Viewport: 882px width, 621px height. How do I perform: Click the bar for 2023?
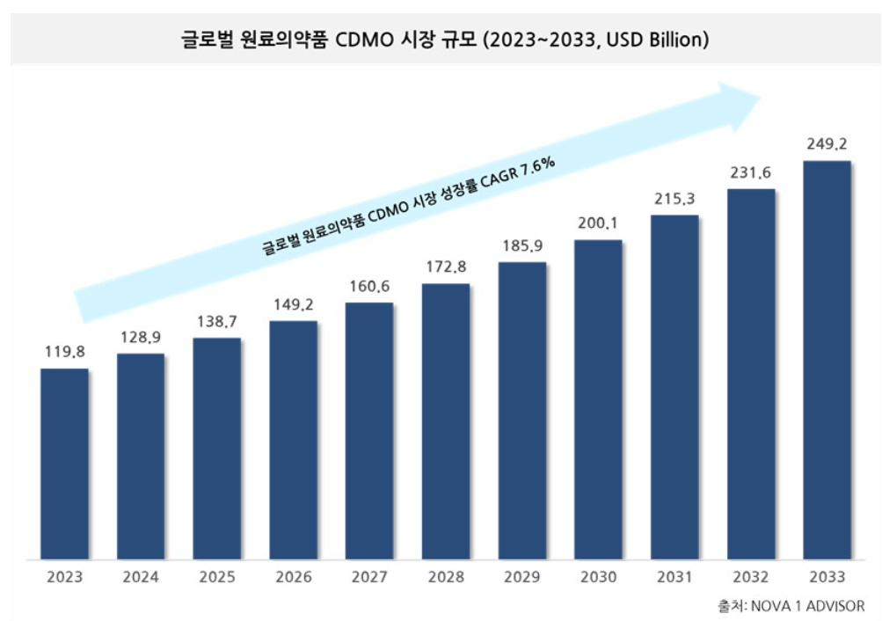pyautogui.click(x=64, y=464)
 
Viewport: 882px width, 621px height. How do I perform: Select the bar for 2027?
pyautogui.click(x=369, y=431)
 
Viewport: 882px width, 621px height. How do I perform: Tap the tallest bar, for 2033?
pyautogui.click(x=827, y=360)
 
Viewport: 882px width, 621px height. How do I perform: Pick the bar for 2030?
pyautogui.click(x=598, y=399)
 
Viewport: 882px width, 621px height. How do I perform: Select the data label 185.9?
pyautogui.click(x=521, y=246)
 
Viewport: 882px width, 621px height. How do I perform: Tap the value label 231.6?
pyautogui.click(x=750, y=172)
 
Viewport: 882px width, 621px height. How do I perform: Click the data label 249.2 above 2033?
pyautogui.click(x=827, y=144)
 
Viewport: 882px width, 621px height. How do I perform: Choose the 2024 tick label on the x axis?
pyautogui.click(x=141, y=577)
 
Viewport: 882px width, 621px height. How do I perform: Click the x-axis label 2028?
pyautogui.click(x=445, y=577)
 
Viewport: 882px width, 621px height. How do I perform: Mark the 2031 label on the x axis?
pyautogui.click(x=674, y=577)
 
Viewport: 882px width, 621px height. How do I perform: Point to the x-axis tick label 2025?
pyautogui.click(x=216, y=577)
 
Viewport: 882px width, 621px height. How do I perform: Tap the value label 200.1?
pyautogui.click(x=598, y=223)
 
